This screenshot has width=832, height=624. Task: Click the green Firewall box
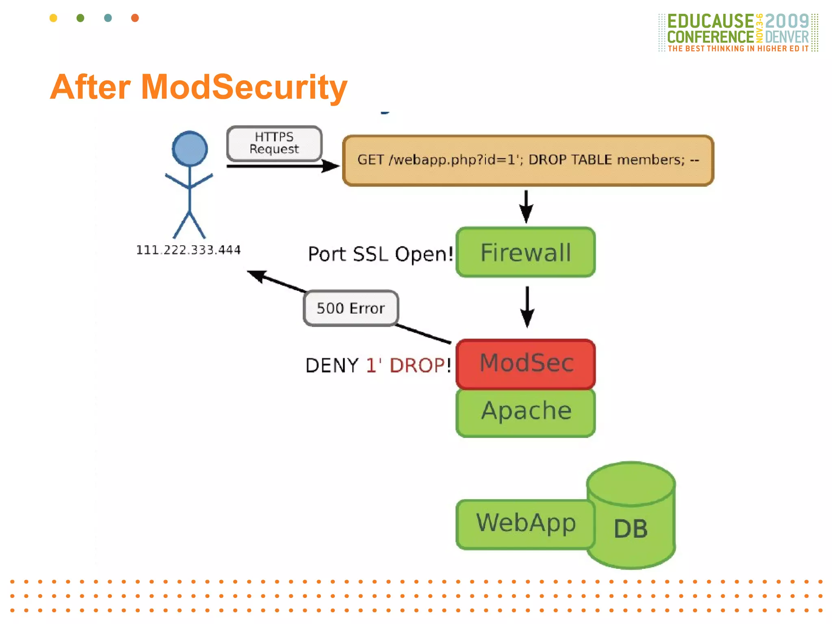526,252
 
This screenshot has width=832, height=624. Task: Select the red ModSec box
526,364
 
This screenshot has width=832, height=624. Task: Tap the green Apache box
526,412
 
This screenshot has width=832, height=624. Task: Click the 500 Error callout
351,308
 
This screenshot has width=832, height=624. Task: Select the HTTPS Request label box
274,143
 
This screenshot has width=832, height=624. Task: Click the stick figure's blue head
190,148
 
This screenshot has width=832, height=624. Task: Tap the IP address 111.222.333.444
188,250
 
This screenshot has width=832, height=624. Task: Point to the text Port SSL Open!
380,254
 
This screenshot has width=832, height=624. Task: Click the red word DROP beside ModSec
417,365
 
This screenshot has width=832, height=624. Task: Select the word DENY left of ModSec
332,365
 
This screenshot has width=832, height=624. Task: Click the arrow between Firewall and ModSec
527,307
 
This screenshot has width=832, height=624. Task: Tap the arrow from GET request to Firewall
526,206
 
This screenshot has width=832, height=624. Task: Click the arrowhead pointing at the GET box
331,166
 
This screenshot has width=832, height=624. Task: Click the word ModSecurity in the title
244,87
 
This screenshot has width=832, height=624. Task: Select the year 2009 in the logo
787,21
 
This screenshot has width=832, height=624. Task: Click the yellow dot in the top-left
53,18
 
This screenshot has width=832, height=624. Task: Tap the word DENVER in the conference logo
787,37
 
